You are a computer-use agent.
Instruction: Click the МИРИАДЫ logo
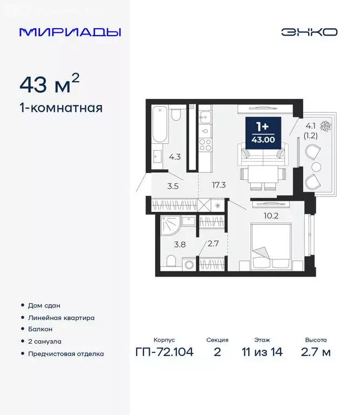[x=70, y=32]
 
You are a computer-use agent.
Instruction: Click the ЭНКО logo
[x=309, y=32]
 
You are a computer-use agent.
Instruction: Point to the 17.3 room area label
[x=219, y=185]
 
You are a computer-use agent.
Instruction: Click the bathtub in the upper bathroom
[x=158, y=124]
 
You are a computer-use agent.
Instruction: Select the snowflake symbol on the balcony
[x=325, y=128]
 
